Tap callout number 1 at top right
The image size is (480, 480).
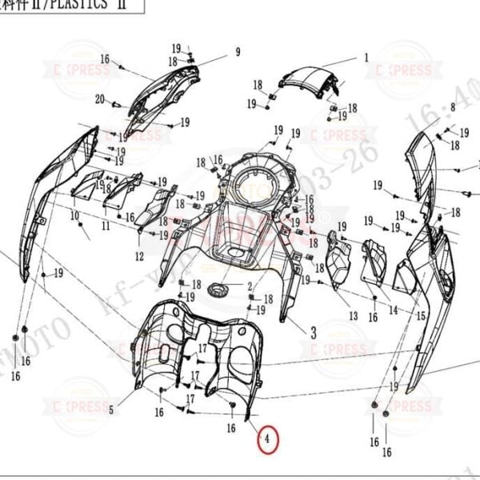pyautogui.click(x=366, y=58)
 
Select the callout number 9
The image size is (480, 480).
pyautogui.click(x=237, y=53)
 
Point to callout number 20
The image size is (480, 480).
pyautogui.click(x=99, y=99)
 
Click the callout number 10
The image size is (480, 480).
pyautogui.click(x=74, y=216)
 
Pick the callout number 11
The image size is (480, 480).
pyautogui.click(x=106, y=226)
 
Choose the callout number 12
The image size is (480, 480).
pyautogui.click(x=139, y=256)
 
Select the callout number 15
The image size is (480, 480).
pyautogui.click(x=421, y=317)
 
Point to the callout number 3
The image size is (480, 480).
pyautogui.click(x=313, y=331)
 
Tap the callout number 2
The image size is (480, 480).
pyautogui.click(x=249, y=286)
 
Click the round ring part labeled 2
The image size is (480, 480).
pyautogui.click(x=218, y=289)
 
